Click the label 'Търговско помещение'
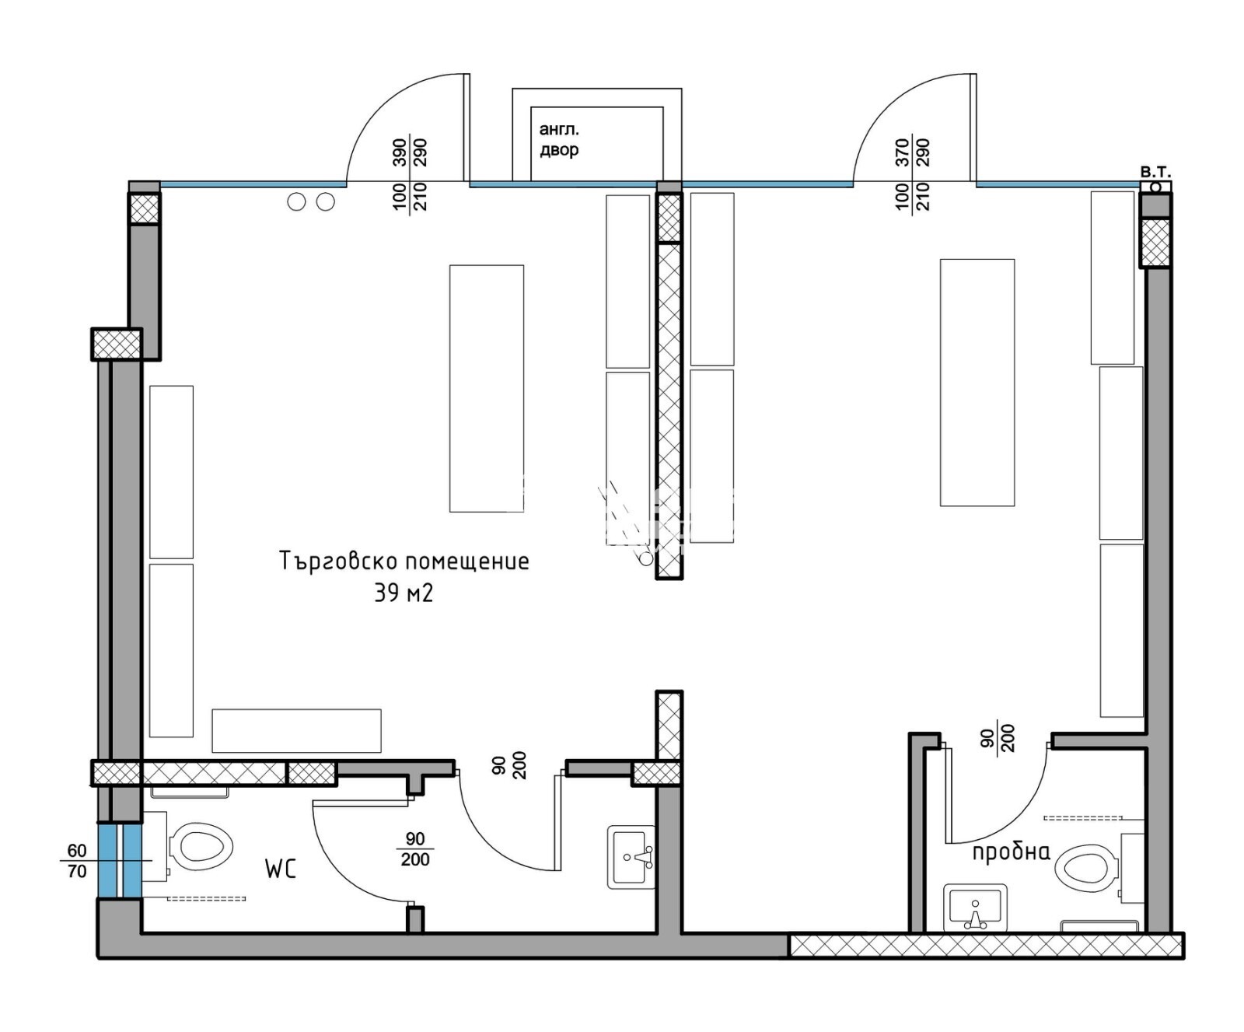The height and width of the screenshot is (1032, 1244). [x=404, y=561]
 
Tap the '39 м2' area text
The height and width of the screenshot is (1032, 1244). [x=404, y=593]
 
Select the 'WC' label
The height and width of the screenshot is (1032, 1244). [x=281, y=869]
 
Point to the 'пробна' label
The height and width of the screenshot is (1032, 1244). [x=1011, y=852]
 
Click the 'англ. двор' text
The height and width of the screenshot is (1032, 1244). [x=559, y=139]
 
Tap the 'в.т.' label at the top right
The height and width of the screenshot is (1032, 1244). [x=1155, y=172]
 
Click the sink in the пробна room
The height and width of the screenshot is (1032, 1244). [x=975, y=908]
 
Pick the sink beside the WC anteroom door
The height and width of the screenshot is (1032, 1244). [x=631, y=857]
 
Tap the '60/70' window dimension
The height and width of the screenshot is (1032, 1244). [x=77, y=861]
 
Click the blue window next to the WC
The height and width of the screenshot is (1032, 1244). [x=120, y=860]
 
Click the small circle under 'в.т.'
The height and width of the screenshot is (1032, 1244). [x=1156, y=187]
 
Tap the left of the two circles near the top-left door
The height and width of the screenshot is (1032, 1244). [x=296, y=202]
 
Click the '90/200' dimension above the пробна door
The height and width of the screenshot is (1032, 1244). [x=998, y=738]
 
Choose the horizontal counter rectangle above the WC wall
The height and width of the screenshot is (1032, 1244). [x=296, y=730]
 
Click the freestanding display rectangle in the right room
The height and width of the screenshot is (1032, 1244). [x=977, y=383]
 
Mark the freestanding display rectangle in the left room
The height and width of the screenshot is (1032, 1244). [x=487, y=389]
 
